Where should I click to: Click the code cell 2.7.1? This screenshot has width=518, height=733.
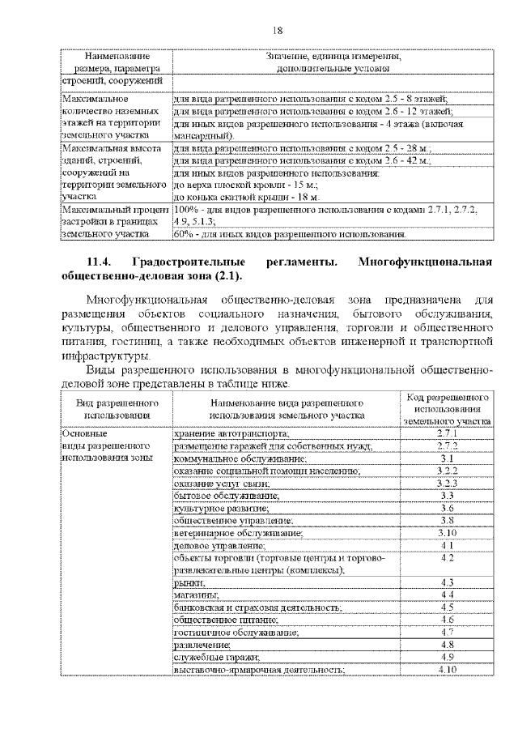tap(447, 433)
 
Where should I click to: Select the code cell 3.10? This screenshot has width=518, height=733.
tap(447, 533)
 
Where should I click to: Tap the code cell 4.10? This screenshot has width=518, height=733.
tap(447, 670)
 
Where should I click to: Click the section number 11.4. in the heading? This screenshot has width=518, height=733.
tap(101, 262)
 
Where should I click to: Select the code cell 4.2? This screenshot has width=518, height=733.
tap(447, 558)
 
